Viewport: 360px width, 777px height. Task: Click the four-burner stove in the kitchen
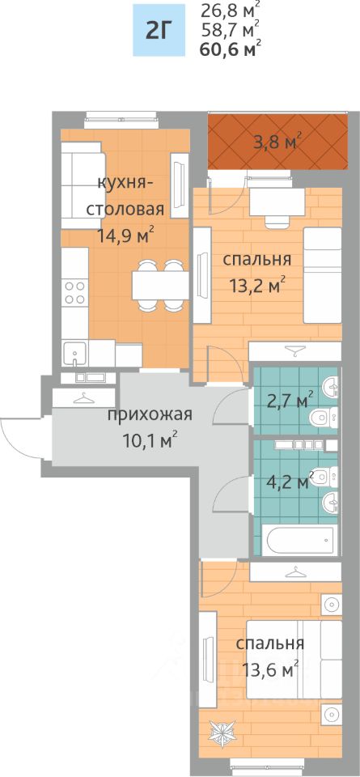point(74,292)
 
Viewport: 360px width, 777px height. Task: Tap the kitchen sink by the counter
point(74,352)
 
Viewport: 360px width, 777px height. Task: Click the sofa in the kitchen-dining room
point(83,185)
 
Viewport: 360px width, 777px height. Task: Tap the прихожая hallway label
point(150,414)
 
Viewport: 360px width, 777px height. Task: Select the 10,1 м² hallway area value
point(150,439)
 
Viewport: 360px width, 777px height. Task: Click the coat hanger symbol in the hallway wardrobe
point(85,397)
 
